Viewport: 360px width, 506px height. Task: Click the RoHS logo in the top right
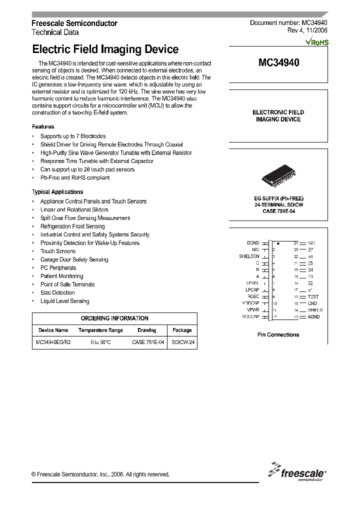coord(317,42)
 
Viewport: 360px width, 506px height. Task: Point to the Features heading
coord(43,127)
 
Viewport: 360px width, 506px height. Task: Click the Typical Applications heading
coord(57,192)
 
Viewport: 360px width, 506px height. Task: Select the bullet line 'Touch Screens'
coord(58,251)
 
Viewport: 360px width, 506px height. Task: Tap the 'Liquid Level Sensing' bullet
coord(64,301)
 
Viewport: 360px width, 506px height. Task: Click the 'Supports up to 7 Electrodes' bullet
coord(73,136)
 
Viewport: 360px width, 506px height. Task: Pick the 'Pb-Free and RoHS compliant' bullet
coord(74,178)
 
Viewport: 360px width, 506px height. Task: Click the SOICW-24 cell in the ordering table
coord(182,343)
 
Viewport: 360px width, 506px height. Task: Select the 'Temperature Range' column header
coord(100,330)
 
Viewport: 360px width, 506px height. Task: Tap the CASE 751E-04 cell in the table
coord(148,343)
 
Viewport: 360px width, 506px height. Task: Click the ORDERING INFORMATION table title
coord(114,318)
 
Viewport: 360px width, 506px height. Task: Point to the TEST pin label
coord(313,296)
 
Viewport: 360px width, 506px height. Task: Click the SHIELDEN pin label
coord(249,256)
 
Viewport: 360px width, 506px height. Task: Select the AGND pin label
coord(313,316)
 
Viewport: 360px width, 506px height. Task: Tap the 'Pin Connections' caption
coord(278,335)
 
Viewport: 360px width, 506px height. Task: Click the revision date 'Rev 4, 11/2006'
coord(307,30)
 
